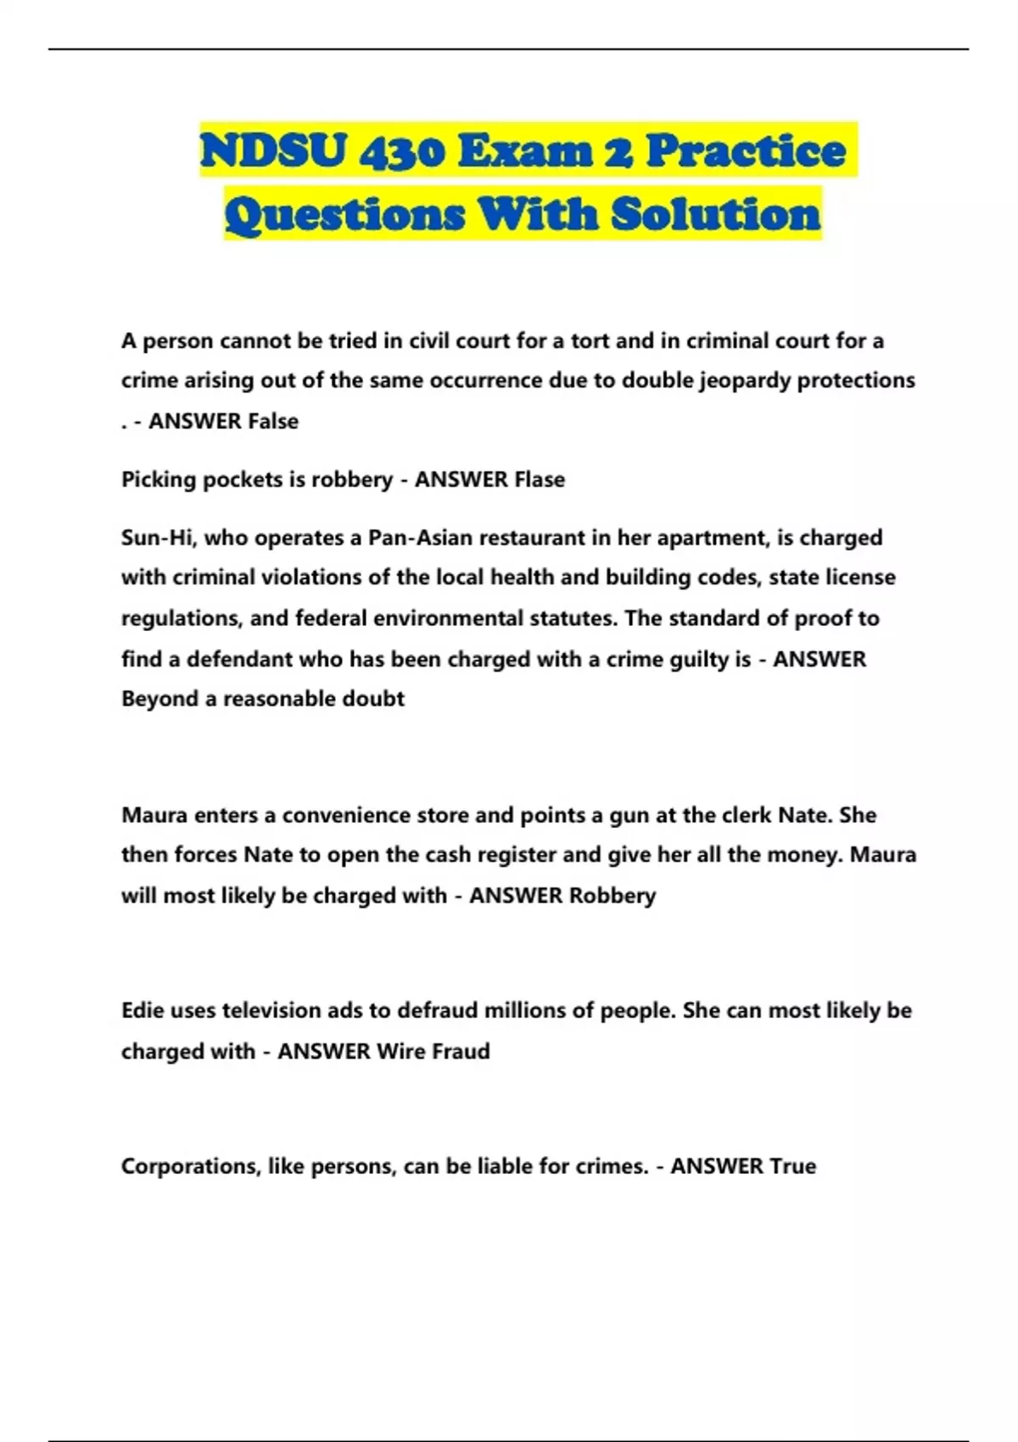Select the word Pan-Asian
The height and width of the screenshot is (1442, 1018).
click(x=421, y=538)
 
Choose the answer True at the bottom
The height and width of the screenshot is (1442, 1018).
click(x=792, y=1166)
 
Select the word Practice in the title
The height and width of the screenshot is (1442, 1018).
click(x=746, y=151)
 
